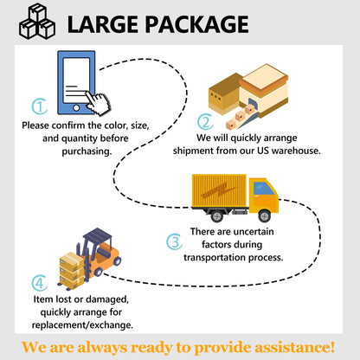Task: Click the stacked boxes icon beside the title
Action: [x=37, y=22]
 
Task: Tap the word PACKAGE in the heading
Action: [x=196, y=24]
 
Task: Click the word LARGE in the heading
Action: [x=103, y=24]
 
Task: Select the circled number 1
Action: [x=40, y=106]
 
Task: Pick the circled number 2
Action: [x=205, y=121]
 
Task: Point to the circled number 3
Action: [x=174, y=241]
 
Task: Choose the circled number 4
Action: [x=40, y=283]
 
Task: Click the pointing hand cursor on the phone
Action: [x=98, y=103]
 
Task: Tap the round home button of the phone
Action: [x=76, y=108]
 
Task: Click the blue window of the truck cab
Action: [x=262, y=189]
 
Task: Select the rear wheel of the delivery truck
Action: [x=217, y=215]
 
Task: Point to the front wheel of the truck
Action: [x=264, y=215]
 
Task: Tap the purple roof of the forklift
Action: [x=97, y=235]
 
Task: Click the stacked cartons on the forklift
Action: [x=72, y=271]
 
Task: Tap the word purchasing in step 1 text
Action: [x=87, y=151]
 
